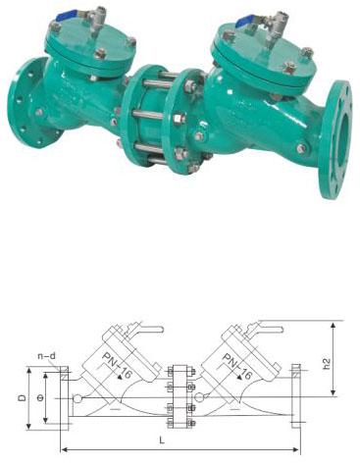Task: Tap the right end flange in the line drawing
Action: pyautogui.click(x=296, y=398)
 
